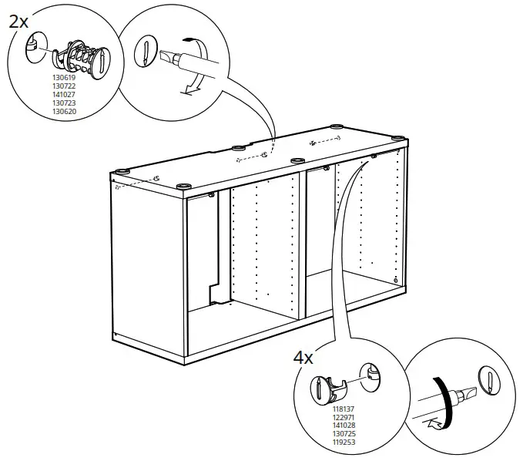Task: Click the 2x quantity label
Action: pyautogui.click(x=19, y=21)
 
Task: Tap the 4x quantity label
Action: pyautogui.click(x=303, y=358)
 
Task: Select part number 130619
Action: pyautogui.click(x=64, y=78)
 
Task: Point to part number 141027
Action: pyautogui.click(x=64, y=95)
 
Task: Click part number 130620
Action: pyautogui.click(x=64, y=112)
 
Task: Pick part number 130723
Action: pyautogui.click(x=64, y=103)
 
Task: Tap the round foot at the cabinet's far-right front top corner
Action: pyautogui.click(x=398, y=139)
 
